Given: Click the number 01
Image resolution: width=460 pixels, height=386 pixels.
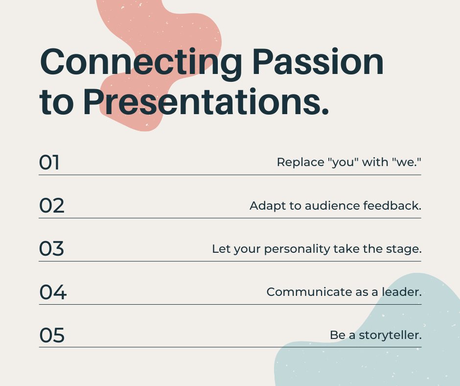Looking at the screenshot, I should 49,163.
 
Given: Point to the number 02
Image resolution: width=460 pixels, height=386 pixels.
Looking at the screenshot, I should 51,206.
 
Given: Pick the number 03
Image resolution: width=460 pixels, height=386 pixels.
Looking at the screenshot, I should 51,249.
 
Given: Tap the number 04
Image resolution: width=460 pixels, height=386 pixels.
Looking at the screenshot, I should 52,292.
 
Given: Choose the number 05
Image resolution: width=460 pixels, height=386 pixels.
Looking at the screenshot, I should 51,336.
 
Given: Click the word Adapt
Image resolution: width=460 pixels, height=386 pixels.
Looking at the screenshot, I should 267,206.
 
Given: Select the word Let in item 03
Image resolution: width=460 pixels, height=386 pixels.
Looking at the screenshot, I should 220,249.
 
